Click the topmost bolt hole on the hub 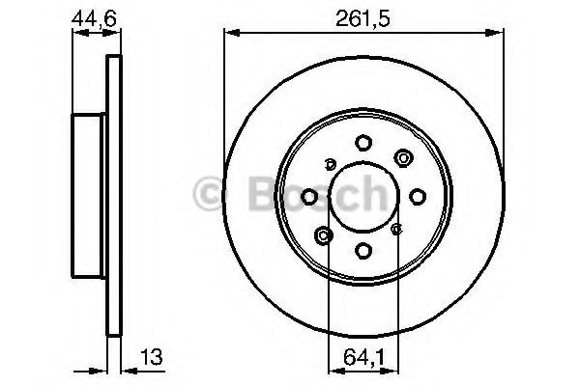point(362,142)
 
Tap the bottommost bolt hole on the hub point(362,251)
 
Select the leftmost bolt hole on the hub point(308,197)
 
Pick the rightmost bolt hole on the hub point(418,197)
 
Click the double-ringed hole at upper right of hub point(401,158)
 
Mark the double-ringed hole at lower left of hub point(324,234)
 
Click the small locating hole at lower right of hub point(396,230)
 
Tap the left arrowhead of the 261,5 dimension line point(229,34)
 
